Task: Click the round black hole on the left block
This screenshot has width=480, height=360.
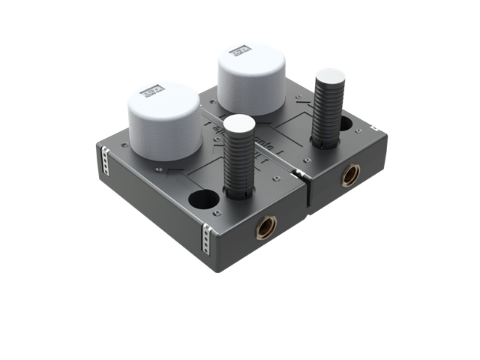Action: pos(200,200)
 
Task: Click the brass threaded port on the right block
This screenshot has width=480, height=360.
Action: pos(349,175)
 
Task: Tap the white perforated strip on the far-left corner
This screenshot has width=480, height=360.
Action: pos(104,160)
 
